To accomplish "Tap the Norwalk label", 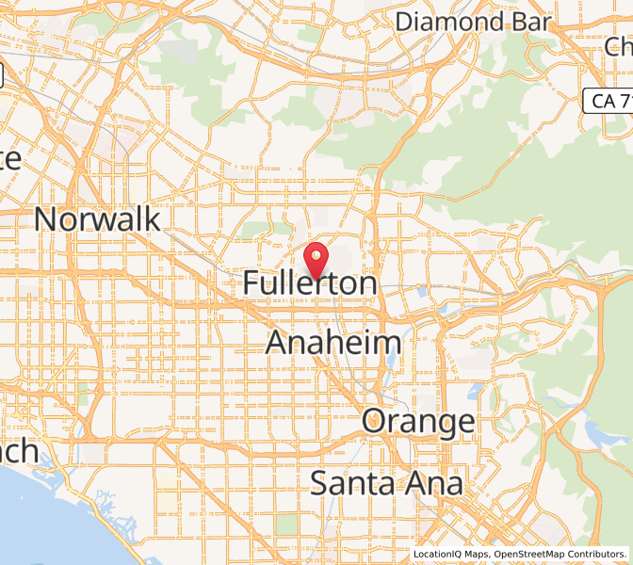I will tap(97, 219).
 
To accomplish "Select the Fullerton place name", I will tap(310, 282).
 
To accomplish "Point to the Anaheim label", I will tap(333, 343).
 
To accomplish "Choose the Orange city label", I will tap(419, 421).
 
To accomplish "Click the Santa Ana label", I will tap(386, 484).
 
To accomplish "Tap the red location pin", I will tap(316, 259).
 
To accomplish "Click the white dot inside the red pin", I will tap(316, 253).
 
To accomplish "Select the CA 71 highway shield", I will tap(607, 98).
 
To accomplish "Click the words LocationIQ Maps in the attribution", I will tap(449, 555).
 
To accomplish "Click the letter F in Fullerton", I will tap(252, 282).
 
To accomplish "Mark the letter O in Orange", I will tap(377, 421).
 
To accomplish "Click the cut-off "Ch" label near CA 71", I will tap(619, 46).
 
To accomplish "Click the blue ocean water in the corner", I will tap(38, 527).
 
